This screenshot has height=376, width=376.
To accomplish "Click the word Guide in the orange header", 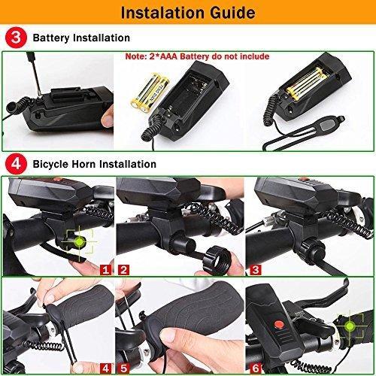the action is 232,13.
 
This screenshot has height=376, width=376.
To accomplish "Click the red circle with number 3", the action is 16,38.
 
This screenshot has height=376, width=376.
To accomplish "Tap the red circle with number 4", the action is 16,164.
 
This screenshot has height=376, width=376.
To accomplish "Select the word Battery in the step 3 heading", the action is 51,38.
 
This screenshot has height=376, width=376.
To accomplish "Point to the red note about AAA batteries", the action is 197,56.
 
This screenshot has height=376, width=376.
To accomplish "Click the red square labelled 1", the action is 105,270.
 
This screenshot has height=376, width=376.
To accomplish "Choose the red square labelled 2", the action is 123,270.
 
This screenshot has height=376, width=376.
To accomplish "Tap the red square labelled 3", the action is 256,270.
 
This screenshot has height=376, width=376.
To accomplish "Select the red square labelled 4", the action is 105,368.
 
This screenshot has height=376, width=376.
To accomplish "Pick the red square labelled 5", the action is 123,368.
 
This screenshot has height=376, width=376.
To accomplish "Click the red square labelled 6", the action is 256,368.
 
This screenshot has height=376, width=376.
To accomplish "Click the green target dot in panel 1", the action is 79,242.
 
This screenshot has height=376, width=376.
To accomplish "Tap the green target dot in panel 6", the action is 350,326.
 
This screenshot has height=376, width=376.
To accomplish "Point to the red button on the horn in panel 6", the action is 279,325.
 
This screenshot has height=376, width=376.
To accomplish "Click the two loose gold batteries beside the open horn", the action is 150,92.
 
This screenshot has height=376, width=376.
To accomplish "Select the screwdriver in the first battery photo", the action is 35,74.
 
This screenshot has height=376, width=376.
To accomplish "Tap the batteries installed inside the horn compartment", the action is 307,84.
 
